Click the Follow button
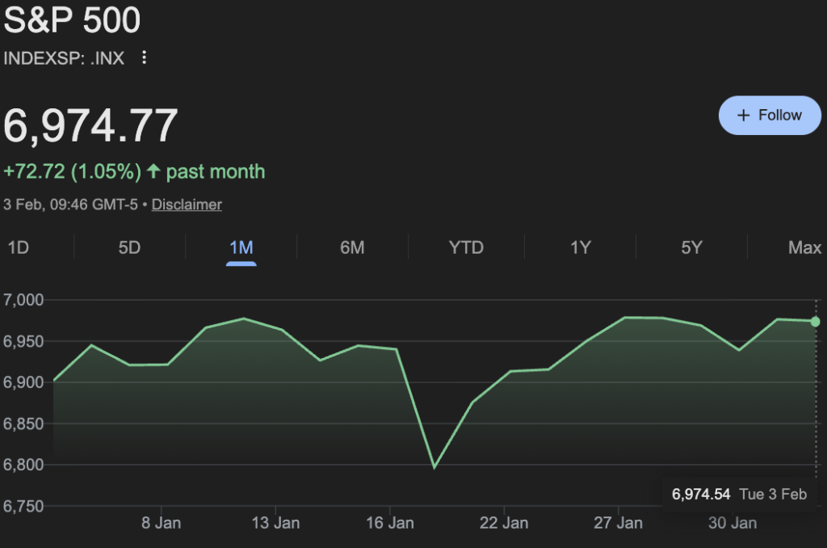click(770, 116)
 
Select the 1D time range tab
click(19, 247)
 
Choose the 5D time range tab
click(129, 247)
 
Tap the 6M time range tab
click(352, 247)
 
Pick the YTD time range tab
click(466, 247)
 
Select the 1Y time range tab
click(581, 247)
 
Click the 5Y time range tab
click(691, 247)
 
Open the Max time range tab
click(804, 247)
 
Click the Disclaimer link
click(187, 204)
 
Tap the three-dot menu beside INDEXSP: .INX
click(145, 57)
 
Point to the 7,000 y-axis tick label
click(24, 300)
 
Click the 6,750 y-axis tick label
click(24, 506)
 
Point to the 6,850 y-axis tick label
click(24, 424)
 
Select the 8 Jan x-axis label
click(161, 523)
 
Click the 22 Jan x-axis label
click(504, 523)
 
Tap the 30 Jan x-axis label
click(733, 523)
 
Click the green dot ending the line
click(815, 322)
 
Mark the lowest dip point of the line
click(434, 467)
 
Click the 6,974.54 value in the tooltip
click(701, 494)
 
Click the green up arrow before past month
click(153, 171)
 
